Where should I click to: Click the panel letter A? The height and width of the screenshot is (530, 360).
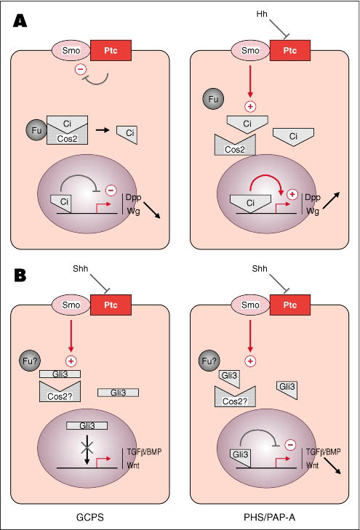click(20, 21)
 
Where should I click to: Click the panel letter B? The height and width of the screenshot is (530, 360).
click(20, 276)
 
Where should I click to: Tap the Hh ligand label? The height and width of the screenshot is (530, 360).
click(262, 14)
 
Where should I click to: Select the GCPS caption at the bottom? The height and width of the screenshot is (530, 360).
click(90, 517)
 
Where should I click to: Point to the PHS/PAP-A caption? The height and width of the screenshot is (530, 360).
click(269, 517)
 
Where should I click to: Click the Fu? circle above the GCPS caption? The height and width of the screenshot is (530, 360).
click(30, 361)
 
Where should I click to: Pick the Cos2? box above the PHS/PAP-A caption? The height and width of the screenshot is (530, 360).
click(235, 397)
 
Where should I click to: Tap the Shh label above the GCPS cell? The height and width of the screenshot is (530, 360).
click(81, 269)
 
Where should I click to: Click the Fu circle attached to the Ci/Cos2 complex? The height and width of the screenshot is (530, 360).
click(36, 130)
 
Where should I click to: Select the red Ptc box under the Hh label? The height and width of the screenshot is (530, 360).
click(290, 50)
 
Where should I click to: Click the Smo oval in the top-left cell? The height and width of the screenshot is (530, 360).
click(71, 51)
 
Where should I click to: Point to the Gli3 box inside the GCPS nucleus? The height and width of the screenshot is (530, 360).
click(87, 425)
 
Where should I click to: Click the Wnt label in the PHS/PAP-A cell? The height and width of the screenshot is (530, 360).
click(312, 465)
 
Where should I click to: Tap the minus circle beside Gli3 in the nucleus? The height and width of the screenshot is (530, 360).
click(290, 445)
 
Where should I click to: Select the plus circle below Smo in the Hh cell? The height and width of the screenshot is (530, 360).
click(250, 107)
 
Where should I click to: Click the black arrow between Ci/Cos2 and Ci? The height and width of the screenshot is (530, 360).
click(103, 129)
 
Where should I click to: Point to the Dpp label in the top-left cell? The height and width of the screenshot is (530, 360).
click(133, 198)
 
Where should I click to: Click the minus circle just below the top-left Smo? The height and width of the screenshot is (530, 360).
click(81, 70)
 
